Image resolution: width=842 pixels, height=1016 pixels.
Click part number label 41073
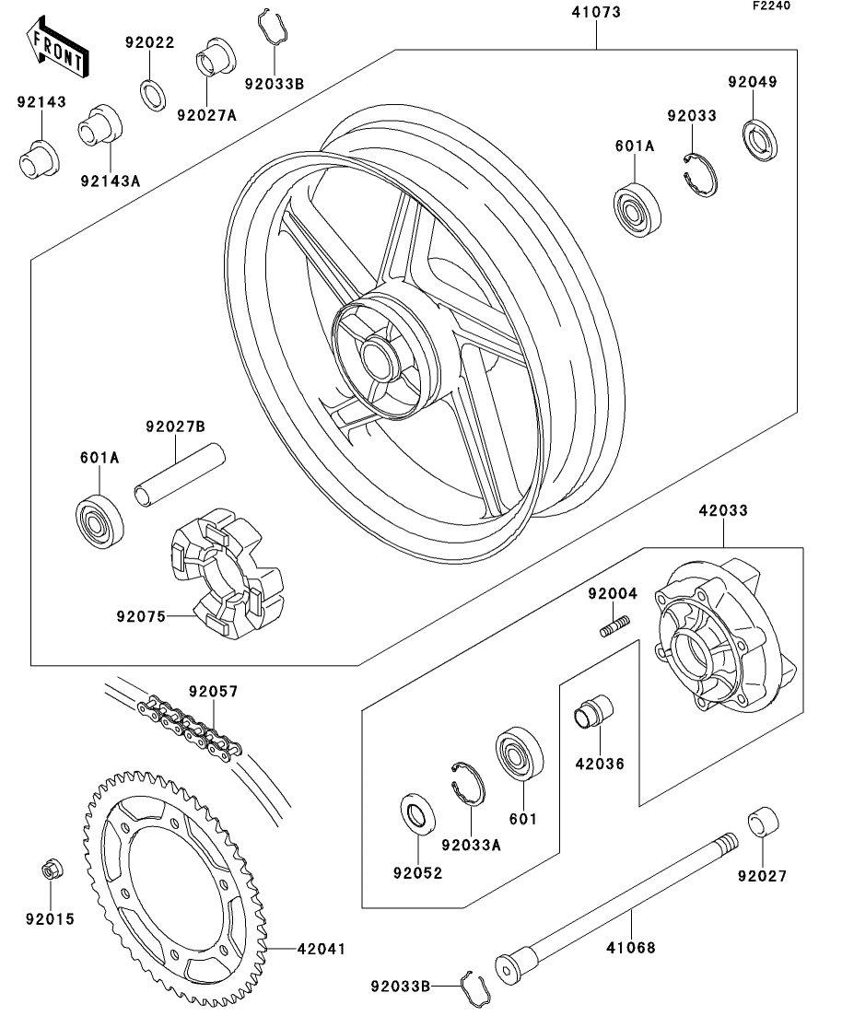tap(595, 13)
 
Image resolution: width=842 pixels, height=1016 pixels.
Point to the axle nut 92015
tap(53, 870)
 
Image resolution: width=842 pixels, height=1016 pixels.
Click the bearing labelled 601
tap(520, 756)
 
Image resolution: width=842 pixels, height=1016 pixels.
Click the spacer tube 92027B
tap(180, 475)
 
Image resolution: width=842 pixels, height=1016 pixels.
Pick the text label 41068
tap(632, 947)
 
